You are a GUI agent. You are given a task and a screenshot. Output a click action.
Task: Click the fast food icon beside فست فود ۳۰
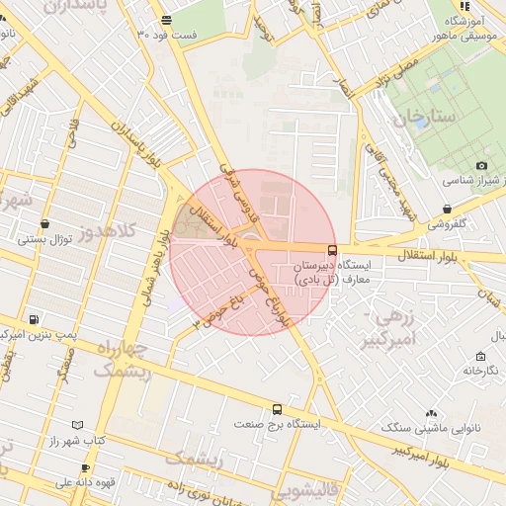165,20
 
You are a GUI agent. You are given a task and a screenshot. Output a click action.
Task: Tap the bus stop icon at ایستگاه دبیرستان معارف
331,250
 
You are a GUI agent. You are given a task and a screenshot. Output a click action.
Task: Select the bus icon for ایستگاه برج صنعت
276,408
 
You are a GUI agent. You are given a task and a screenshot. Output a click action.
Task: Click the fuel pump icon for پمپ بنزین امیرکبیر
35,320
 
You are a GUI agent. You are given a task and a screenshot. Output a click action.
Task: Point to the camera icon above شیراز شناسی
481,165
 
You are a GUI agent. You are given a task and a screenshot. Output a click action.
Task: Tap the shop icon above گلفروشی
448,210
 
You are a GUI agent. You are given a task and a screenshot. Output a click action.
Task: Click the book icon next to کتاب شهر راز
78,425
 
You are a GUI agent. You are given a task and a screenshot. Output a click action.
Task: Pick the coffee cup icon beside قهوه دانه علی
86,468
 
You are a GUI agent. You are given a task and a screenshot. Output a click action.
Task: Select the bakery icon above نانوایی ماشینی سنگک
430,414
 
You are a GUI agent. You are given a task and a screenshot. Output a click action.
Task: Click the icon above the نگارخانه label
479,356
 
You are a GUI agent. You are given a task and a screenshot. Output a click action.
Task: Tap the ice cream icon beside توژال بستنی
23,238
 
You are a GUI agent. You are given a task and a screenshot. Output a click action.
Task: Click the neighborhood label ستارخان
426,119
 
